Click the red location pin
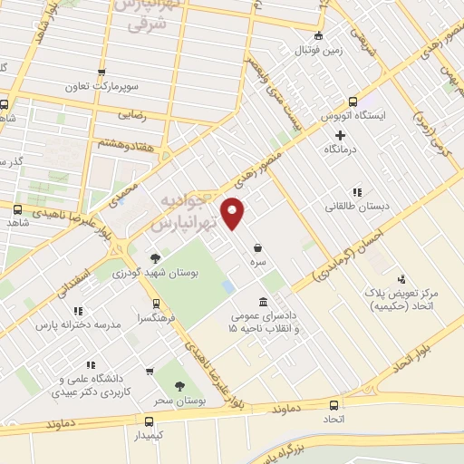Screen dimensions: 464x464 (235, 214)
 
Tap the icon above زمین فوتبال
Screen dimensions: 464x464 (317, 36)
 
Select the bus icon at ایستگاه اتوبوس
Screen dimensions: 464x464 (352, 101)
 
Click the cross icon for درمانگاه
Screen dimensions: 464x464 (340, 135)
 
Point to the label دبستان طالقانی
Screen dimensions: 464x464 (360, 207)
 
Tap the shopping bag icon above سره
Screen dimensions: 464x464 (258, 246)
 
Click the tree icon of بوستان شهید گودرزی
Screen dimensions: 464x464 (155, 257)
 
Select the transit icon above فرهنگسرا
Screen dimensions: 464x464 (157, 304)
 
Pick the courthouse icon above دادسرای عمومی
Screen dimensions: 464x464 (263, 302)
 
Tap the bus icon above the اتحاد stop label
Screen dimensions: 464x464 (334, 406)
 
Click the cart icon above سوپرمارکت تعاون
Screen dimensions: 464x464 (101, 74)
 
